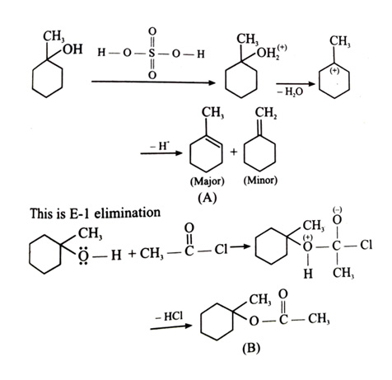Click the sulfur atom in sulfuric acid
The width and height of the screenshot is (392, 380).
[152, 53]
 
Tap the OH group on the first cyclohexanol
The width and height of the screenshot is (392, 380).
[72, 49]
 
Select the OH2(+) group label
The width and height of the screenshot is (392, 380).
[272, 52]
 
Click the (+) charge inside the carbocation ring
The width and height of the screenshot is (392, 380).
[334, 71]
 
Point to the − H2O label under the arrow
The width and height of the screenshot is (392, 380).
[290, 91]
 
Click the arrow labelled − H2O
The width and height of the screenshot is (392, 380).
[295, 84]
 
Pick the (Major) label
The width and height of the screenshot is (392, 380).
[208, 181]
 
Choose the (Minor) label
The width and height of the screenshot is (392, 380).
[260, 181]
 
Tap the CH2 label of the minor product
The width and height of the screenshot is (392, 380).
[266, 113]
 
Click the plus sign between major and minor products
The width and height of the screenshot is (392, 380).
[233, 152]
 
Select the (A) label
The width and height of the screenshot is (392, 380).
[208, 198]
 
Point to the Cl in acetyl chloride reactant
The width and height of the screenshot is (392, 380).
[221, 249]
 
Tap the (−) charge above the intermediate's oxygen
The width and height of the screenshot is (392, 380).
[338, 210]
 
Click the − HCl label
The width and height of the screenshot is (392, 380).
[169, 317]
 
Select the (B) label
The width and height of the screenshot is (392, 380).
[251, 348]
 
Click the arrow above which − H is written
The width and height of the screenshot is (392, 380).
[161, 153]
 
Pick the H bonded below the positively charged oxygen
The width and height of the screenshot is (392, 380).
[308, 274]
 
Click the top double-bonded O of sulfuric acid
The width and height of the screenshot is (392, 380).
[152, 31]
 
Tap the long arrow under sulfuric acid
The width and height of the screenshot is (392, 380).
[154, 82]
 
